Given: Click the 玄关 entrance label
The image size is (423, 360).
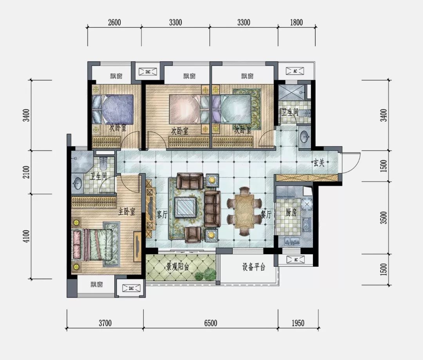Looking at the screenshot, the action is [x=318, y=163].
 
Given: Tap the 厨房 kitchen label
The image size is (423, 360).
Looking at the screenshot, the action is [x=291, y=213].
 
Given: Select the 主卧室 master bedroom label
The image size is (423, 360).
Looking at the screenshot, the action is [x=127, y=212].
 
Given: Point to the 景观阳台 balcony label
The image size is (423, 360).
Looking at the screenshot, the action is [x=177, y=267].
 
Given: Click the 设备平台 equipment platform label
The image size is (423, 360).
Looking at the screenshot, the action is [x=253, y=267].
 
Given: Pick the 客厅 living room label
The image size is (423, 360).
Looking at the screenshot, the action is [x=162, y=215].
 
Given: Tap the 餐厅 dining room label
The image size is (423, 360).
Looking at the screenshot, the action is [x=266, y=215].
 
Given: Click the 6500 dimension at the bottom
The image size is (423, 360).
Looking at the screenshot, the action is [x=210, y=323].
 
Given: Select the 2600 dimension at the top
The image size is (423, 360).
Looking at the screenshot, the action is [x=114, y=22].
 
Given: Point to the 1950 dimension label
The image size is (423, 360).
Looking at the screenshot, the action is [x=298, y=323].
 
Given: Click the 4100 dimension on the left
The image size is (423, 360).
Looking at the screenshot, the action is [x=27, y=236].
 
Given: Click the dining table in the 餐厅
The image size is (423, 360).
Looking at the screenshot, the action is [x=244, y=211].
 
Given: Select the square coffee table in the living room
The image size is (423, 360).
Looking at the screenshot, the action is [x=185, y=207].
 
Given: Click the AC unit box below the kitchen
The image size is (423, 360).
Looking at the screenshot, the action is [x=296, y=260].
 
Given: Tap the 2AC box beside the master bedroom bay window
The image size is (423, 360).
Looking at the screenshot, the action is [x=131, y=288].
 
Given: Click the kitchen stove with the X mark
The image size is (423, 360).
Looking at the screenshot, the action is [x=307, y=204].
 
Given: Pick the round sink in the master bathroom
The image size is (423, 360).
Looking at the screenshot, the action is [x=77, y=183].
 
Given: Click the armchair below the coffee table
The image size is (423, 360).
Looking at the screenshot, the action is [x=193, y=234].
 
